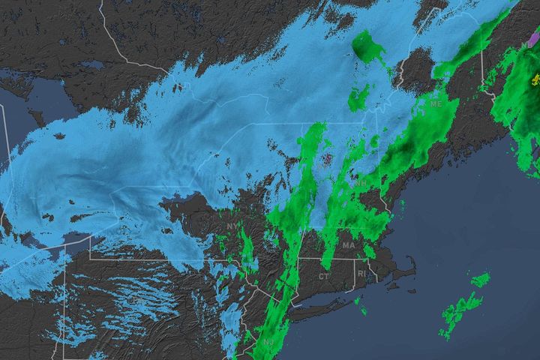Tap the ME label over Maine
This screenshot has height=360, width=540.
(x=436, y=104)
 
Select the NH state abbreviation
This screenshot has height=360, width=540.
(x=361, y=183)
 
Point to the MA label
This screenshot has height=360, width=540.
(x=349, y=245)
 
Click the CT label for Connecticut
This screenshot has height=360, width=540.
(x=323, y=277)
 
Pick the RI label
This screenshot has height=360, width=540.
(x=362, y=274)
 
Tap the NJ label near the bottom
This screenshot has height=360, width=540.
(x=268, y=343)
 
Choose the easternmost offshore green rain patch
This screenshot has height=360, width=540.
(x=480, y=280)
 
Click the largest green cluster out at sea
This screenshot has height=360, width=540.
(x=459, y=308)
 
